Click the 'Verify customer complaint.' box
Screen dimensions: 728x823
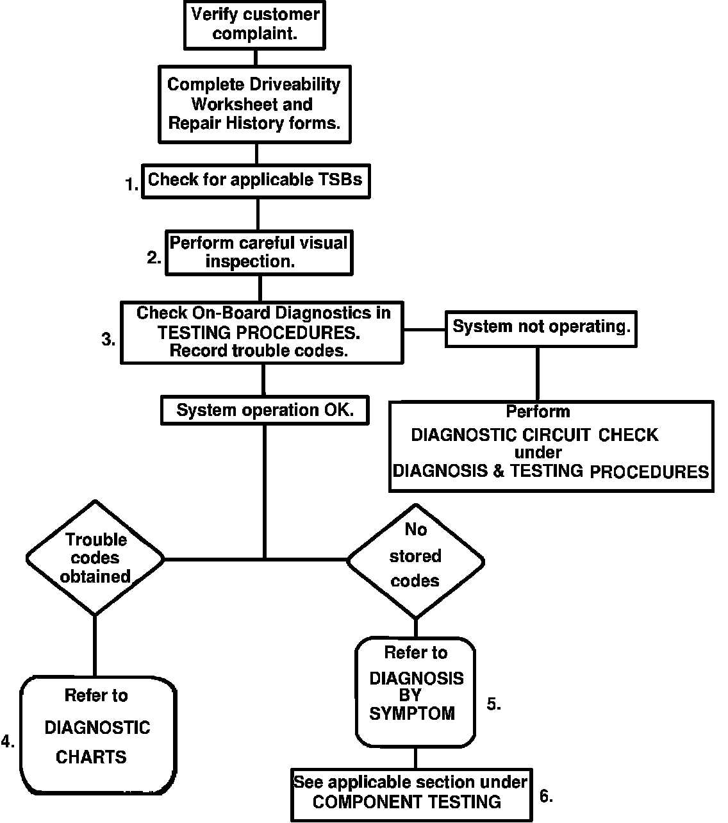[x=254, y=25]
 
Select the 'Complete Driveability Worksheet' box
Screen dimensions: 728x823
[x=254, y=104]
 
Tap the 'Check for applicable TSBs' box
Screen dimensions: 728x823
[x=256, y=181]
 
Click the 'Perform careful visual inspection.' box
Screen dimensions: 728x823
[x=259, y=253]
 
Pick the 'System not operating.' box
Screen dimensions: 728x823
[x=541, y=329]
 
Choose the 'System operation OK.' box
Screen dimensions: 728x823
[x=265, y=410]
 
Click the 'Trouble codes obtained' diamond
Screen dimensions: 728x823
[x=95, y=558]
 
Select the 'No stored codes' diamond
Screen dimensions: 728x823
[x=416, y=561]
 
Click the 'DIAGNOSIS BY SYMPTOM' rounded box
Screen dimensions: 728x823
[x=416, y=692]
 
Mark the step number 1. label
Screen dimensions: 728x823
[x=131, y=185]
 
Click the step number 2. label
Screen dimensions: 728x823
[x=154, y=258]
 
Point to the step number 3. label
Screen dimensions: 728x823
[x=108, y=339]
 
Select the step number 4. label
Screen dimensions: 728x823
[x=8, y=741]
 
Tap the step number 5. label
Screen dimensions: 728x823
[x=493, y=704]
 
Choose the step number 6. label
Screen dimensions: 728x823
[x=546, y=796]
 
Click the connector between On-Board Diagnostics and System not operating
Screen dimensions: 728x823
[x=424, y=329]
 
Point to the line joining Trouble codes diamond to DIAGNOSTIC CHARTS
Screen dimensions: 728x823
[x=95, y=646]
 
